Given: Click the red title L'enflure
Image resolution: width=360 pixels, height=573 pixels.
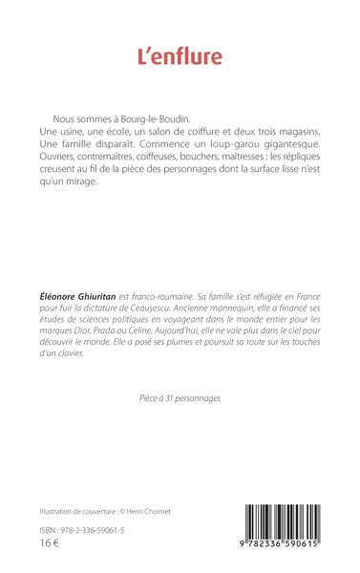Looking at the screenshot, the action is click(x=180, y=56).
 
